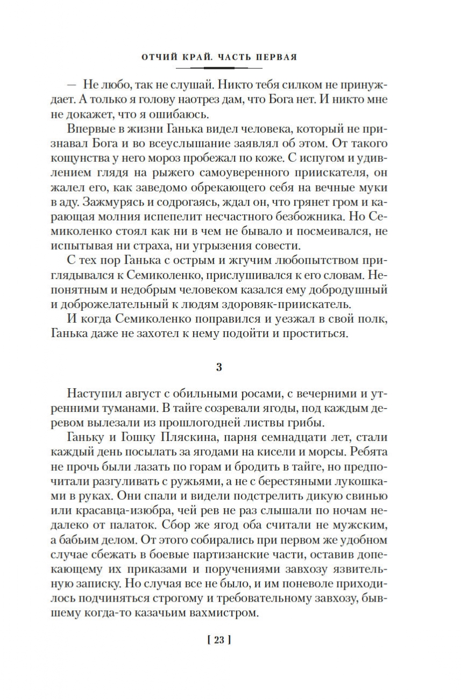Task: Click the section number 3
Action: pyautogui.click(x=218, y=368)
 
